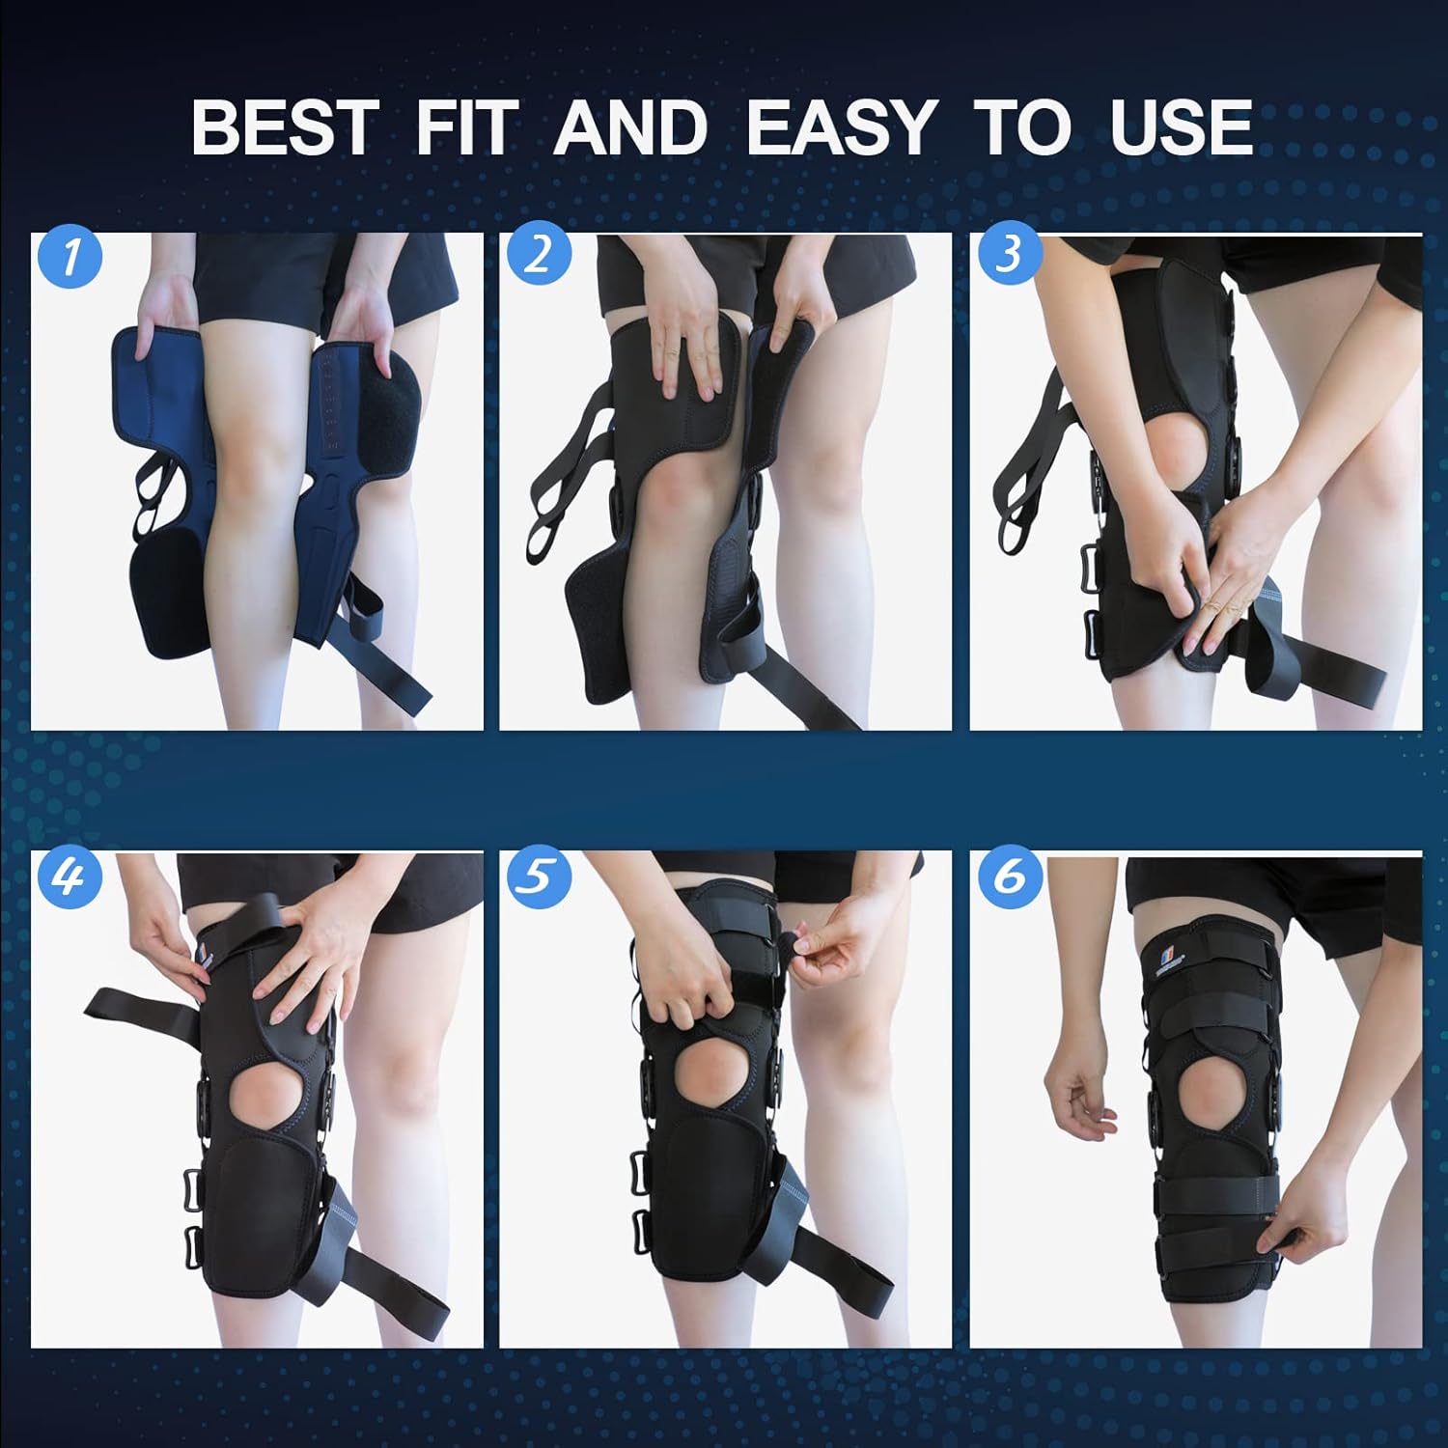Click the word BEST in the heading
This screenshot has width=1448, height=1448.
point(283,127)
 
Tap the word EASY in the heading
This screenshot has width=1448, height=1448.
point(841,127)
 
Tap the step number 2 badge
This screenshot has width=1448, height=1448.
point(539,255)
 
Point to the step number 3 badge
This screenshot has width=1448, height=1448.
point(1008,255)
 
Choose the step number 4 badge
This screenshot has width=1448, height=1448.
point(70,877)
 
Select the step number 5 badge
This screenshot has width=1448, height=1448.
point(539,877)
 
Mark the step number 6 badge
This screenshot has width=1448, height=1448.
point(1010,877)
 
